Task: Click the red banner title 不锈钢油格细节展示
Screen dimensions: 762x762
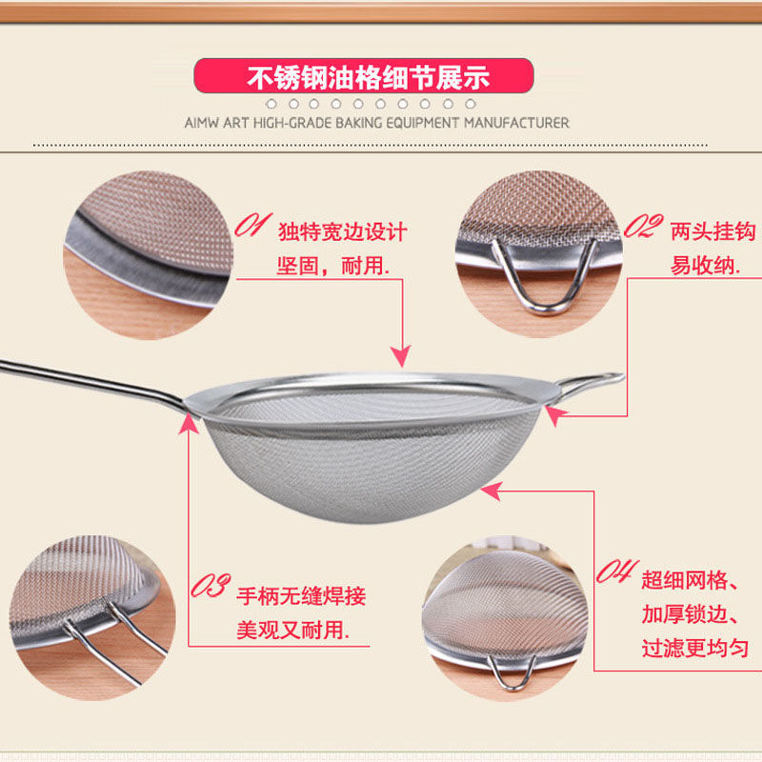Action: tap(368, 77)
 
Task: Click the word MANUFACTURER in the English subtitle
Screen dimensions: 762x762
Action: tap(516, 123)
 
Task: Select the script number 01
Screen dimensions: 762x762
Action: tap(252, 225)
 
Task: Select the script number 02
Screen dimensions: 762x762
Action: tap(644, 226)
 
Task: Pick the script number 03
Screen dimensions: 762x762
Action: tap(211, 585)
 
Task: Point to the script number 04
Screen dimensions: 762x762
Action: tap(616, 571)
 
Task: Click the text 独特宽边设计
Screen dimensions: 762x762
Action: tap(343, 231)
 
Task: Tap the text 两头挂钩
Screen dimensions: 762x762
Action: tap(712, 231)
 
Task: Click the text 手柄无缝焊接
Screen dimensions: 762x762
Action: tap(301, 596)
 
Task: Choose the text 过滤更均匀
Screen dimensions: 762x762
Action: tap(695, 648)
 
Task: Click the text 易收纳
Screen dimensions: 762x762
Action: tap(705, 266)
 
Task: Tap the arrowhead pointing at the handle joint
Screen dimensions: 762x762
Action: tap(189, 423)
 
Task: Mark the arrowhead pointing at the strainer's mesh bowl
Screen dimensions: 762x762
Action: tap(491, 491)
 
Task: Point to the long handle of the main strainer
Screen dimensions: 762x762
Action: tap(92, 384)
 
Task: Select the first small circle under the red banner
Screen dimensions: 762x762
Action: tap(271, 104)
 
